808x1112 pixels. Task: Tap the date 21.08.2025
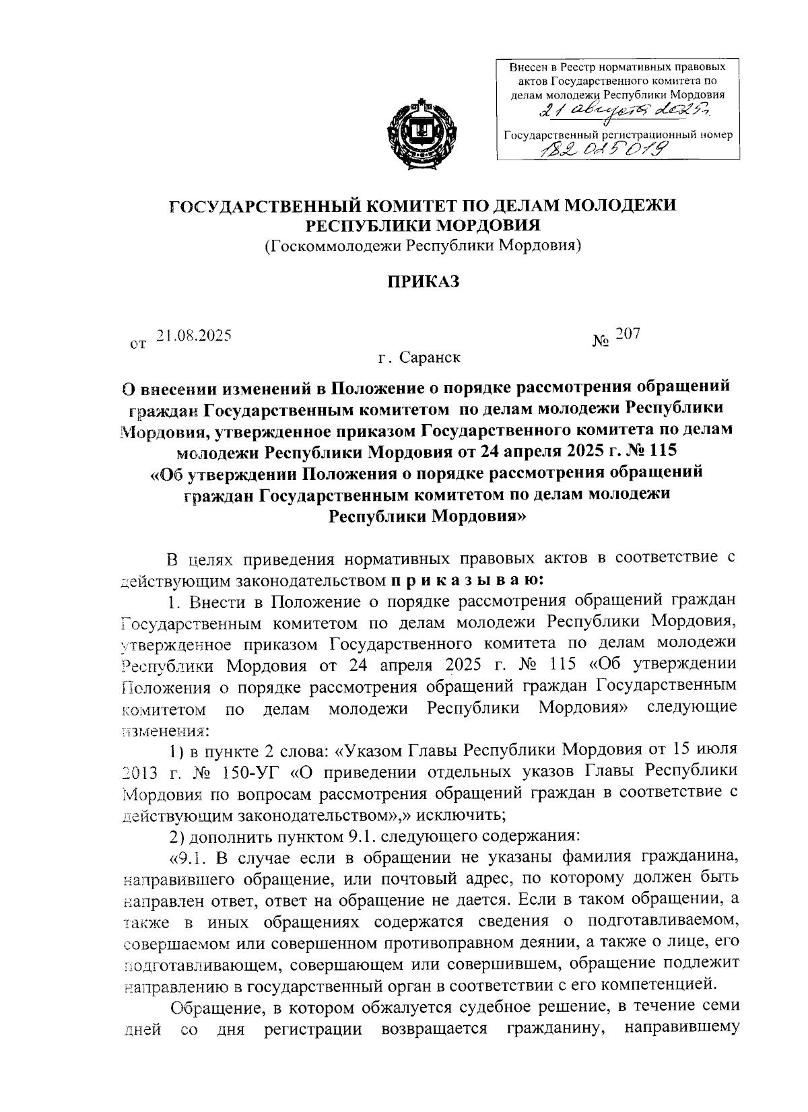click(x=194, y=335)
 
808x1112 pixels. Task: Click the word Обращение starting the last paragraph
click(x=211, y=1008)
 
